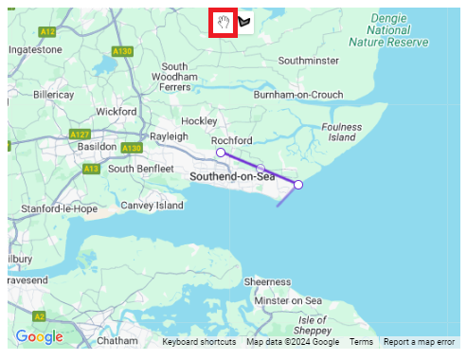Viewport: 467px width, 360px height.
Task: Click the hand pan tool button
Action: tap(223, 23)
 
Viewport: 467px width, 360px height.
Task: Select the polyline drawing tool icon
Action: tap(245, 23)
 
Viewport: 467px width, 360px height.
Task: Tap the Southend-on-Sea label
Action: tap(231, 177)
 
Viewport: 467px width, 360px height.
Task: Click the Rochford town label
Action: tap(231, 140)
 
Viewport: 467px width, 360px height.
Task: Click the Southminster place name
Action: tap(308, 60)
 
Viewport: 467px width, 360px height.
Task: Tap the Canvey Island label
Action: tap(152, 205)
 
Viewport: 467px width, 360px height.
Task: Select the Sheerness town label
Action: tap(267, 281)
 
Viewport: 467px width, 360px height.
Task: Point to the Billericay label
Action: tap(53, 95)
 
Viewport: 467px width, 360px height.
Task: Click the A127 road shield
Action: tap(80, 135)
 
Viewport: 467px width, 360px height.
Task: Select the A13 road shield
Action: tap(91, 169)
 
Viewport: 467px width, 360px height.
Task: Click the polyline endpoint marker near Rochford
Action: tap(221, 153)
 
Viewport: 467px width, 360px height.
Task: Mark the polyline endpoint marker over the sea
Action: tap(297, 185)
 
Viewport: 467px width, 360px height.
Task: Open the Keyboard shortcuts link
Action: tap(199, 342)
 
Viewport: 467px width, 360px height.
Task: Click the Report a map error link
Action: tap(419, 342)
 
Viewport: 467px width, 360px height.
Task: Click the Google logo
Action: tap(39, 337)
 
